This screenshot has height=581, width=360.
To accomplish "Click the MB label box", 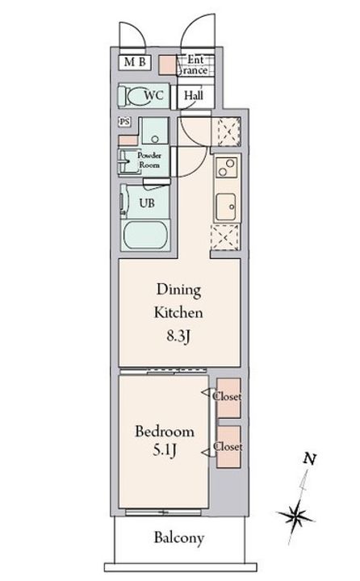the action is (x=135, y=62).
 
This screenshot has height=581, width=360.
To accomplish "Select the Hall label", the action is (x=194, y=95).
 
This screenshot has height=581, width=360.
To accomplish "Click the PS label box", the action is (x=124, y=122).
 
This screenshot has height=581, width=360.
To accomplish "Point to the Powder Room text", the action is (x=149, y=160).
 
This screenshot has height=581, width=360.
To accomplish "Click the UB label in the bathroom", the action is (x=147, y=203).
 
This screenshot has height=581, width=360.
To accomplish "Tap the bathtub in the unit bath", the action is (x=145, y=236).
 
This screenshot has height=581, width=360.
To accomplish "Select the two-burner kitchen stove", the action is (x=226, y=167).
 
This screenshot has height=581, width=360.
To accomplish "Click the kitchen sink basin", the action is (x=226, y=207).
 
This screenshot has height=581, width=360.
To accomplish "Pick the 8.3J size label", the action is (x=178, y=336).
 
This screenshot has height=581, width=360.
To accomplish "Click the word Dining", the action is (x=178, y=290).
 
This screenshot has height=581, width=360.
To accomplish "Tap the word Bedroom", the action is (x=164, y=431).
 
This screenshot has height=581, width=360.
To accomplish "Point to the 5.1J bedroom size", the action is (x=165, y=450).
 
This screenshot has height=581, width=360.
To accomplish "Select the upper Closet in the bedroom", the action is (x=228, y=398).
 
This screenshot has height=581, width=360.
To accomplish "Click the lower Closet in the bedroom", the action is (x=228, y=446).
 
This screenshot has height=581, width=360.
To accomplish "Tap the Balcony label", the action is (x=178, y=537).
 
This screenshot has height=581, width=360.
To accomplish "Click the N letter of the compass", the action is (x=310, y=459).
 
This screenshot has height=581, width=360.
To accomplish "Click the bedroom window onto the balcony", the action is (x=163, y=512).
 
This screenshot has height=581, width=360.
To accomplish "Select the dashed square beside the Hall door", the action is (x=226, y=132).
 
